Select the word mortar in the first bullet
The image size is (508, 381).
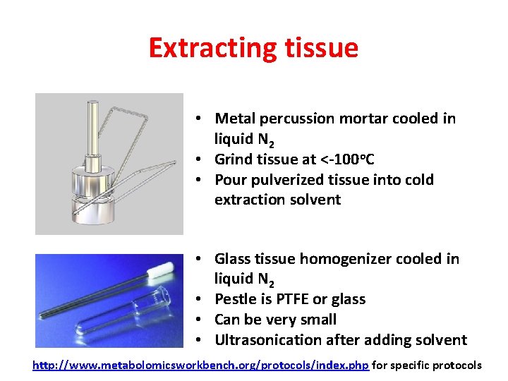pos(362,119)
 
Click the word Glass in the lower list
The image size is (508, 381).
pos(232,259)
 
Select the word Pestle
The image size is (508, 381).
pos(236,299)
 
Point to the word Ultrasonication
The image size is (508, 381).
pos(267,340)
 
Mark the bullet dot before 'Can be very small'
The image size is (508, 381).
pos(201,320)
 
